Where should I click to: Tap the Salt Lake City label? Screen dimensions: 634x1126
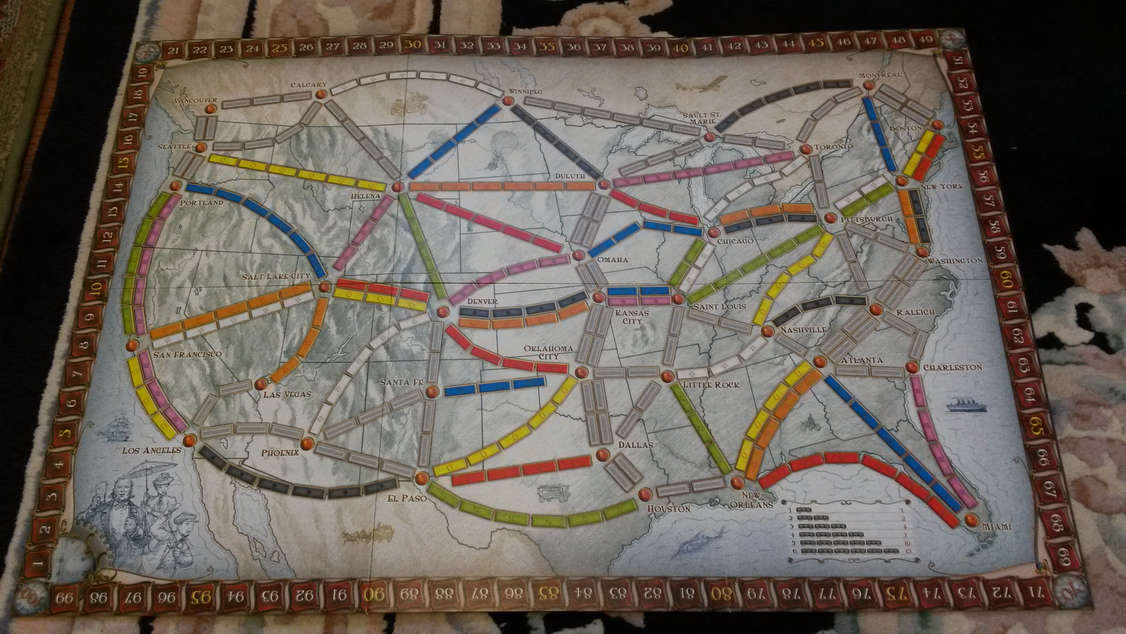coord(277,276)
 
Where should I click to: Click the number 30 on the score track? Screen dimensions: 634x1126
coord(413,44)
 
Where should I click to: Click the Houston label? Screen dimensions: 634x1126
coord(669,509)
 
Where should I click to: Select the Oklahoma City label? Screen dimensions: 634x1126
coord(542,352)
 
